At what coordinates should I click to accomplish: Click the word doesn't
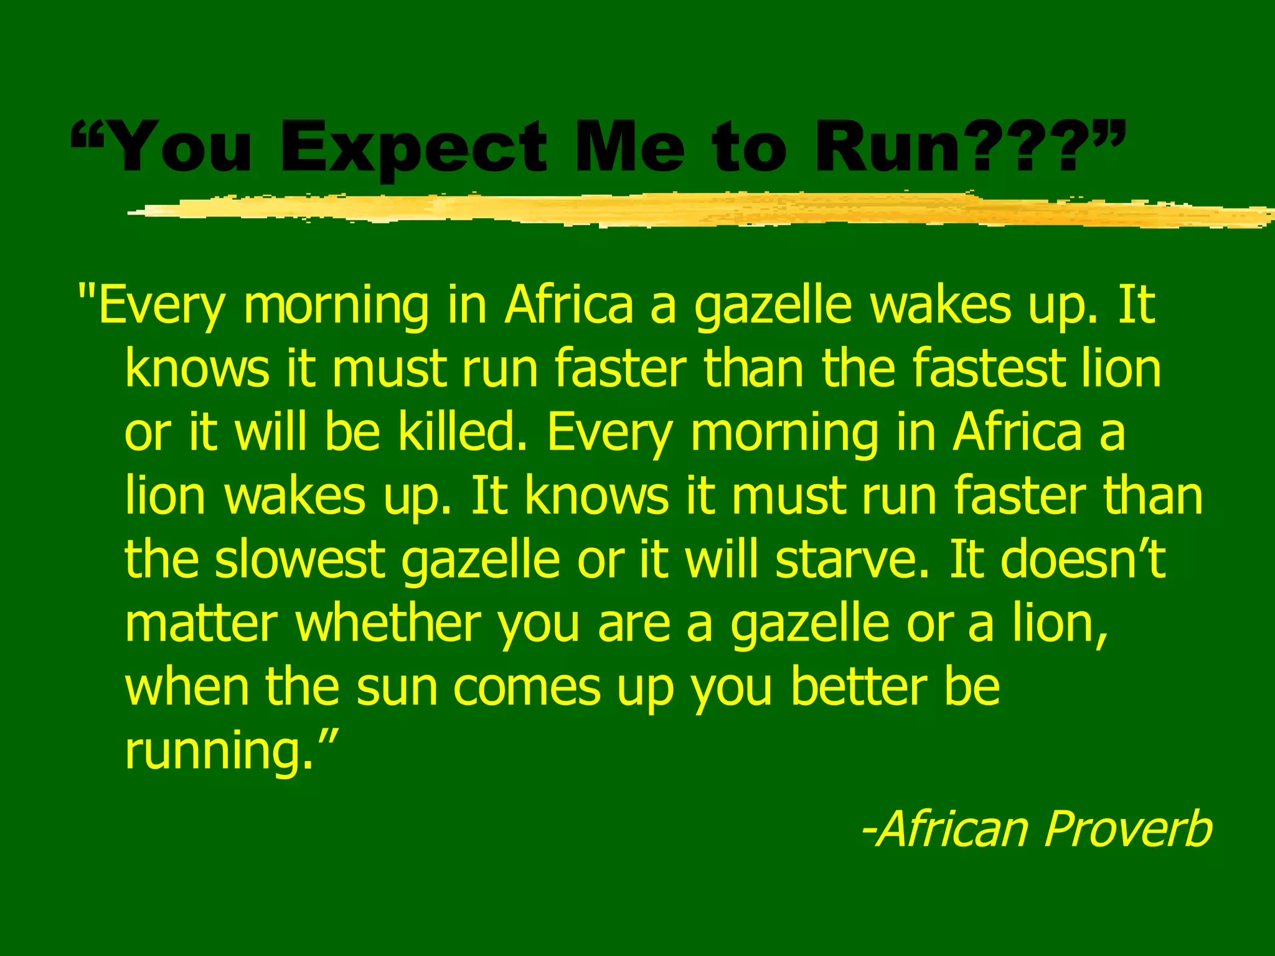point(1083,558)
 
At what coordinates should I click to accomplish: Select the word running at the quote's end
point(218,751)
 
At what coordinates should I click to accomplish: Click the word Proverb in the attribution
point(1128,829)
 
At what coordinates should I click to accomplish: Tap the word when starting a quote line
point(187,687)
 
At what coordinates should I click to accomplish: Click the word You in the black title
point(181,148)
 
